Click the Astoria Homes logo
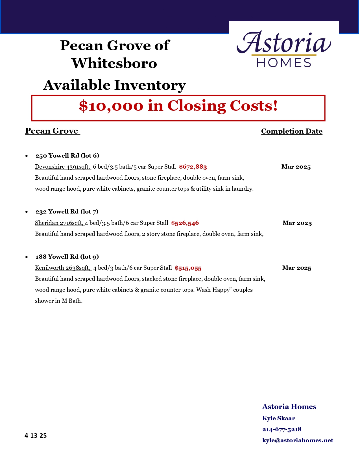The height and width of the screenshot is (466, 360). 284,49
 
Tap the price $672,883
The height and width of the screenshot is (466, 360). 193,167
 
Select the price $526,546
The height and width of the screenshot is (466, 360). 185,223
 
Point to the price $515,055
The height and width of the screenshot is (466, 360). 188,268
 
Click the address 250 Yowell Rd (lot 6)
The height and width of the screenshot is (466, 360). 67,156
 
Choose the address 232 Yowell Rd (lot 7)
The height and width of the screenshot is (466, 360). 67,212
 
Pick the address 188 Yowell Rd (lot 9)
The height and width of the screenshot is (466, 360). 67,257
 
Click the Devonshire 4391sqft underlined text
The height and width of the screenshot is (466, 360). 62,167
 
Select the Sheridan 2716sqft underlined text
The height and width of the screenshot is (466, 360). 59,223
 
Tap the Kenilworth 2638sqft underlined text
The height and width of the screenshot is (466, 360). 63,268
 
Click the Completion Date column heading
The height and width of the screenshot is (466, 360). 292,131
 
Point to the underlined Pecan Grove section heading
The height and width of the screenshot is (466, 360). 52,131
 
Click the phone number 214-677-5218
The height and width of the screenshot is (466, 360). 282,429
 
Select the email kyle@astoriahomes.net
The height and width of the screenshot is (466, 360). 298,440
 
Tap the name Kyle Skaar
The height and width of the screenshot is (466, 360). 278,418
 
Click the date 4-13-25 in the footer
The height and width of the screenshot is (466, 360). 36,435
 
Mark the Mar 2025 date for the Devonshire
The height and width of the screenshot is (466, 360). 296,167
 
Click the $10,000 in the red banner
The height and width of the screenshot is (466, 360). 111,106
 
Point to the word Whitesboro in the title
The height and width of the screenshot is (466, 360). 114,63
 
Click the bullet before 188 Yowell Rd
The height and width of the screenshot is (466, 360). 27,257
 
